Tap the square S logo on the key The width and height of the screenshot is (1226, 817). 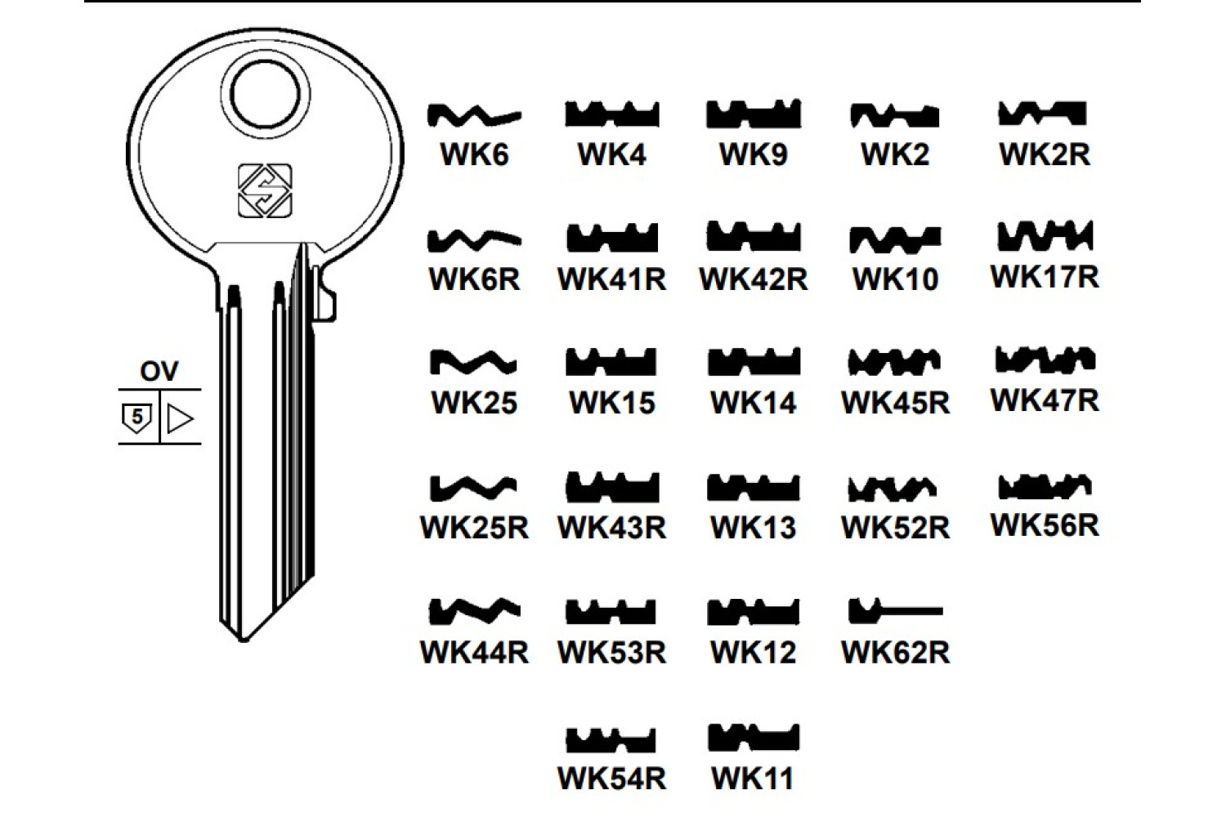[x=265, y=191]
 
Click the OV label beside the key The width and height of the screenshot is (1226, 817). [x=159, y=372]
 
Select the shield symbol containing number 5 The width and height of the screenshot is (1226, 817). [x=136, y=417]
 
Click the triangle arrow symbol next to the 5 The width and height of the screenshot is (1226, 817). [x=180, y=418]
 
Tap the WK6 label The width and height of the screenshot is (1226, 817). [x=474, y=154]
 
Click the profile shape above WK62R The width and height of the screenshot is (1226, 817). [x=894, y=609]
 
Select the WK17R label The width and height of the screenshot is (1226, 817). [x=1045, y=277]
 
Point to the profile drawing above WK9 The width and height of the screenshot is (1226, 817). [x=753, y=114]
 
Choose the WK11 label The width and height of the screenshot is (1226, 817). [x=753, y=778]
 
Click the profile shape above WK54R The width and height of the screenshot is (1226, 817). [x=611, y=740]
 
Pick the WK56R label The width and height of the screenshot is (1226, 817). [x=1045, y=525]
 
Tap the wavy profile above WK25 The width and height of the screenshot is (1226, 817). [x=474, y=361]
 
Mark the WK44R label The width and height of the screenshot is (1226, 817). [x=474, y=652]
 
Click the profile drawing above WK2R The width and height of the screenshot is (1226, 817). [x=1043, y=114]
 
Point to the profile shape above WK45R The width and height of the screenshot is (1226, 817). [x=894, y=361]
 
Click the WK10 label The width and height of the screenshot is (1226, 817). [x=895, y=279]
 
